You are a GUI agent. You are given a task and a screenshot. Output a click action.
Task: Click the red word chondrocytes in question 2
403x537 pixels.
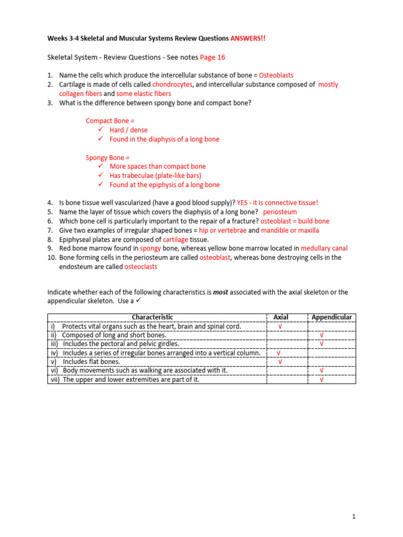(173, 84)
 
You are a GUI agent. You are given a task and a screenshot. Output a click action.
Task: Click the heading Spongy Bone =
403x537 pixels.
(108, 157)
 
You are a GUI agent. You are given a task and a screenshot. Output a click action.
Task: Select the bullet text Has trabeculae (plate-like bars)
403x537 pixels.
(155, 176)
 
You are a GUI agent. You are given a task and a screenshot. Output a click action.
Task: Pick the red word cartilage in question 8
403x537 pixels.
(178, 239)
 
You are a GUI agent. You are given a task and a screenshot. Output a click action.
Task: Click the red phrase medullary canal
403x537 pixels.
(324, 249)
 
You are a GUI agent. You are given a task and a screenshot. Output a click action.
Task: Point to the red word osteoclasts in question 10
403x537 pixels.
(141, 267)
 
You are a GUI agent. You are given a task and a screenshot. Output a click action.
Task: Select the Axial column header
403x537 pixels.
(281, 317)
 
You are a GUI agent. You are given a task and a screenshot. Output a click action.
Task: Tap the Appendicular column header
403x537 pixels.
(332, 317)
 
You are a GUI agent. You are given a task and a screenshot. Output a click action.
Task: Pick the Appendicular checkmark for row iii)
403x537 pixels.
(321, 344)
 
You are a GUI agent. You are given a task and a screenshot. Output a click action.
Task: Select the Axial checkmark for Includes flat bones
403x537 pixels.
(280, 362)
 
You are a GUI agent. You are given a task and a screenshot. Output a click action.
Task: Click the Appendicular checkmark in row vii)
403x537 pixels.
(321, 380)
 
